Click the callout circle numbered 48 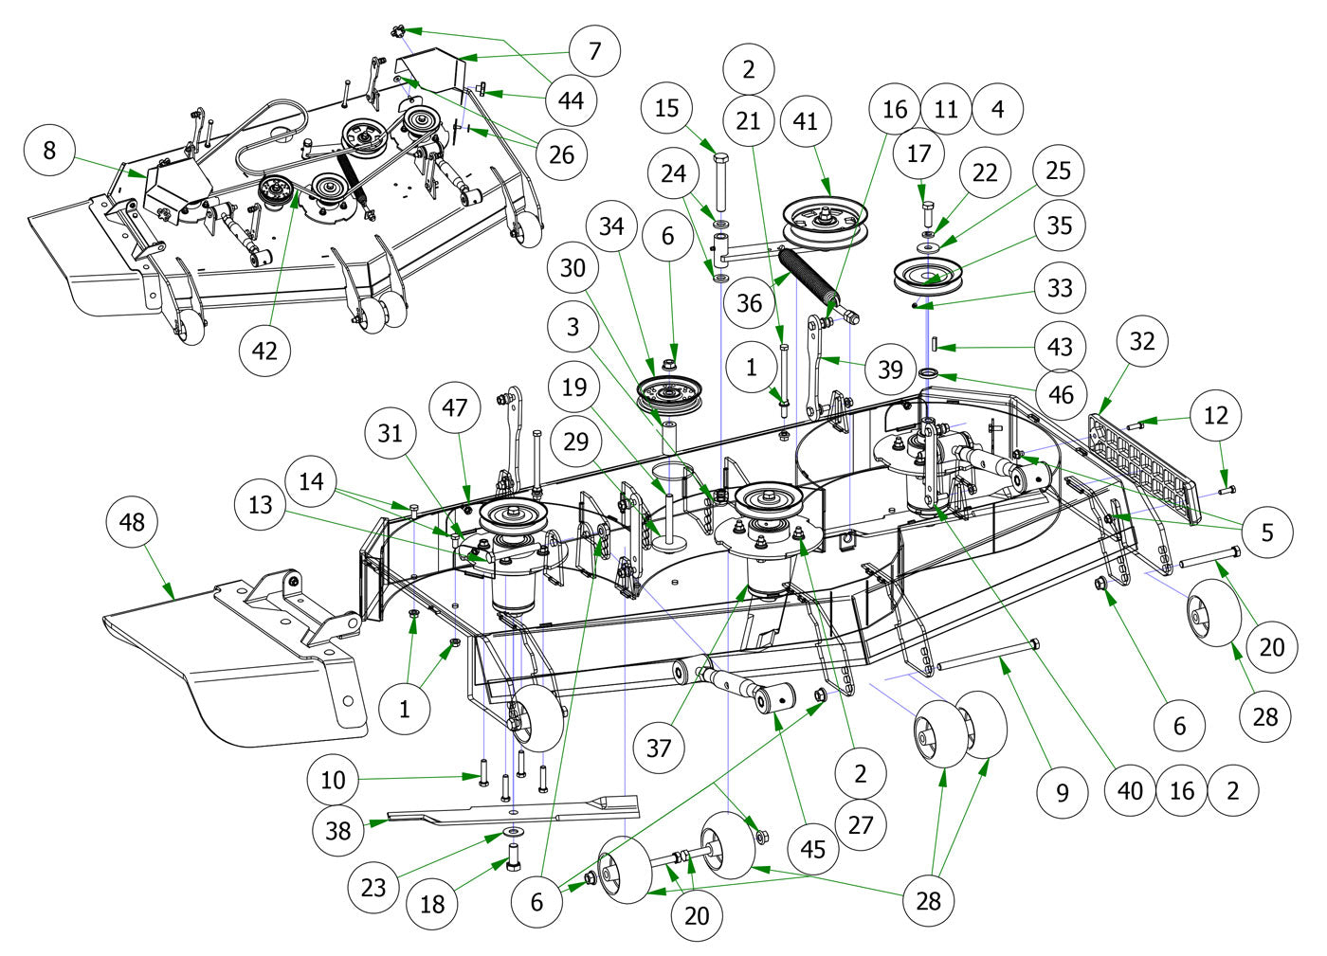click(x=133, y=522)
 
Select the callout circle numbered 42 click(x=264, y=350)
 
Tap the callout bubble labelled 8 click(x=50, y=150)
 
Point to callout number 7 click(x=594, y=50)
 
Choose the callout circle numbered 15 click(x=666, y=108)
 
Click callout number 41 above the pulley click(x=806, y=121)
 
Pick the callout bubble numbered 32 click(x=1142, y=340)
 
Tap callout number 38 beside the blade click(x=338, y=831)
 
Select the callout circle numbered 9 click(x=1062, y=791)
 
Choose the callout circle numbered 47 click(x=455, y=408)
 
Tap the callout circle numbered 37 click(x=659, y=748)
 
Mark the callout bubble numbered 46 click(x=1061, y=393)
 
